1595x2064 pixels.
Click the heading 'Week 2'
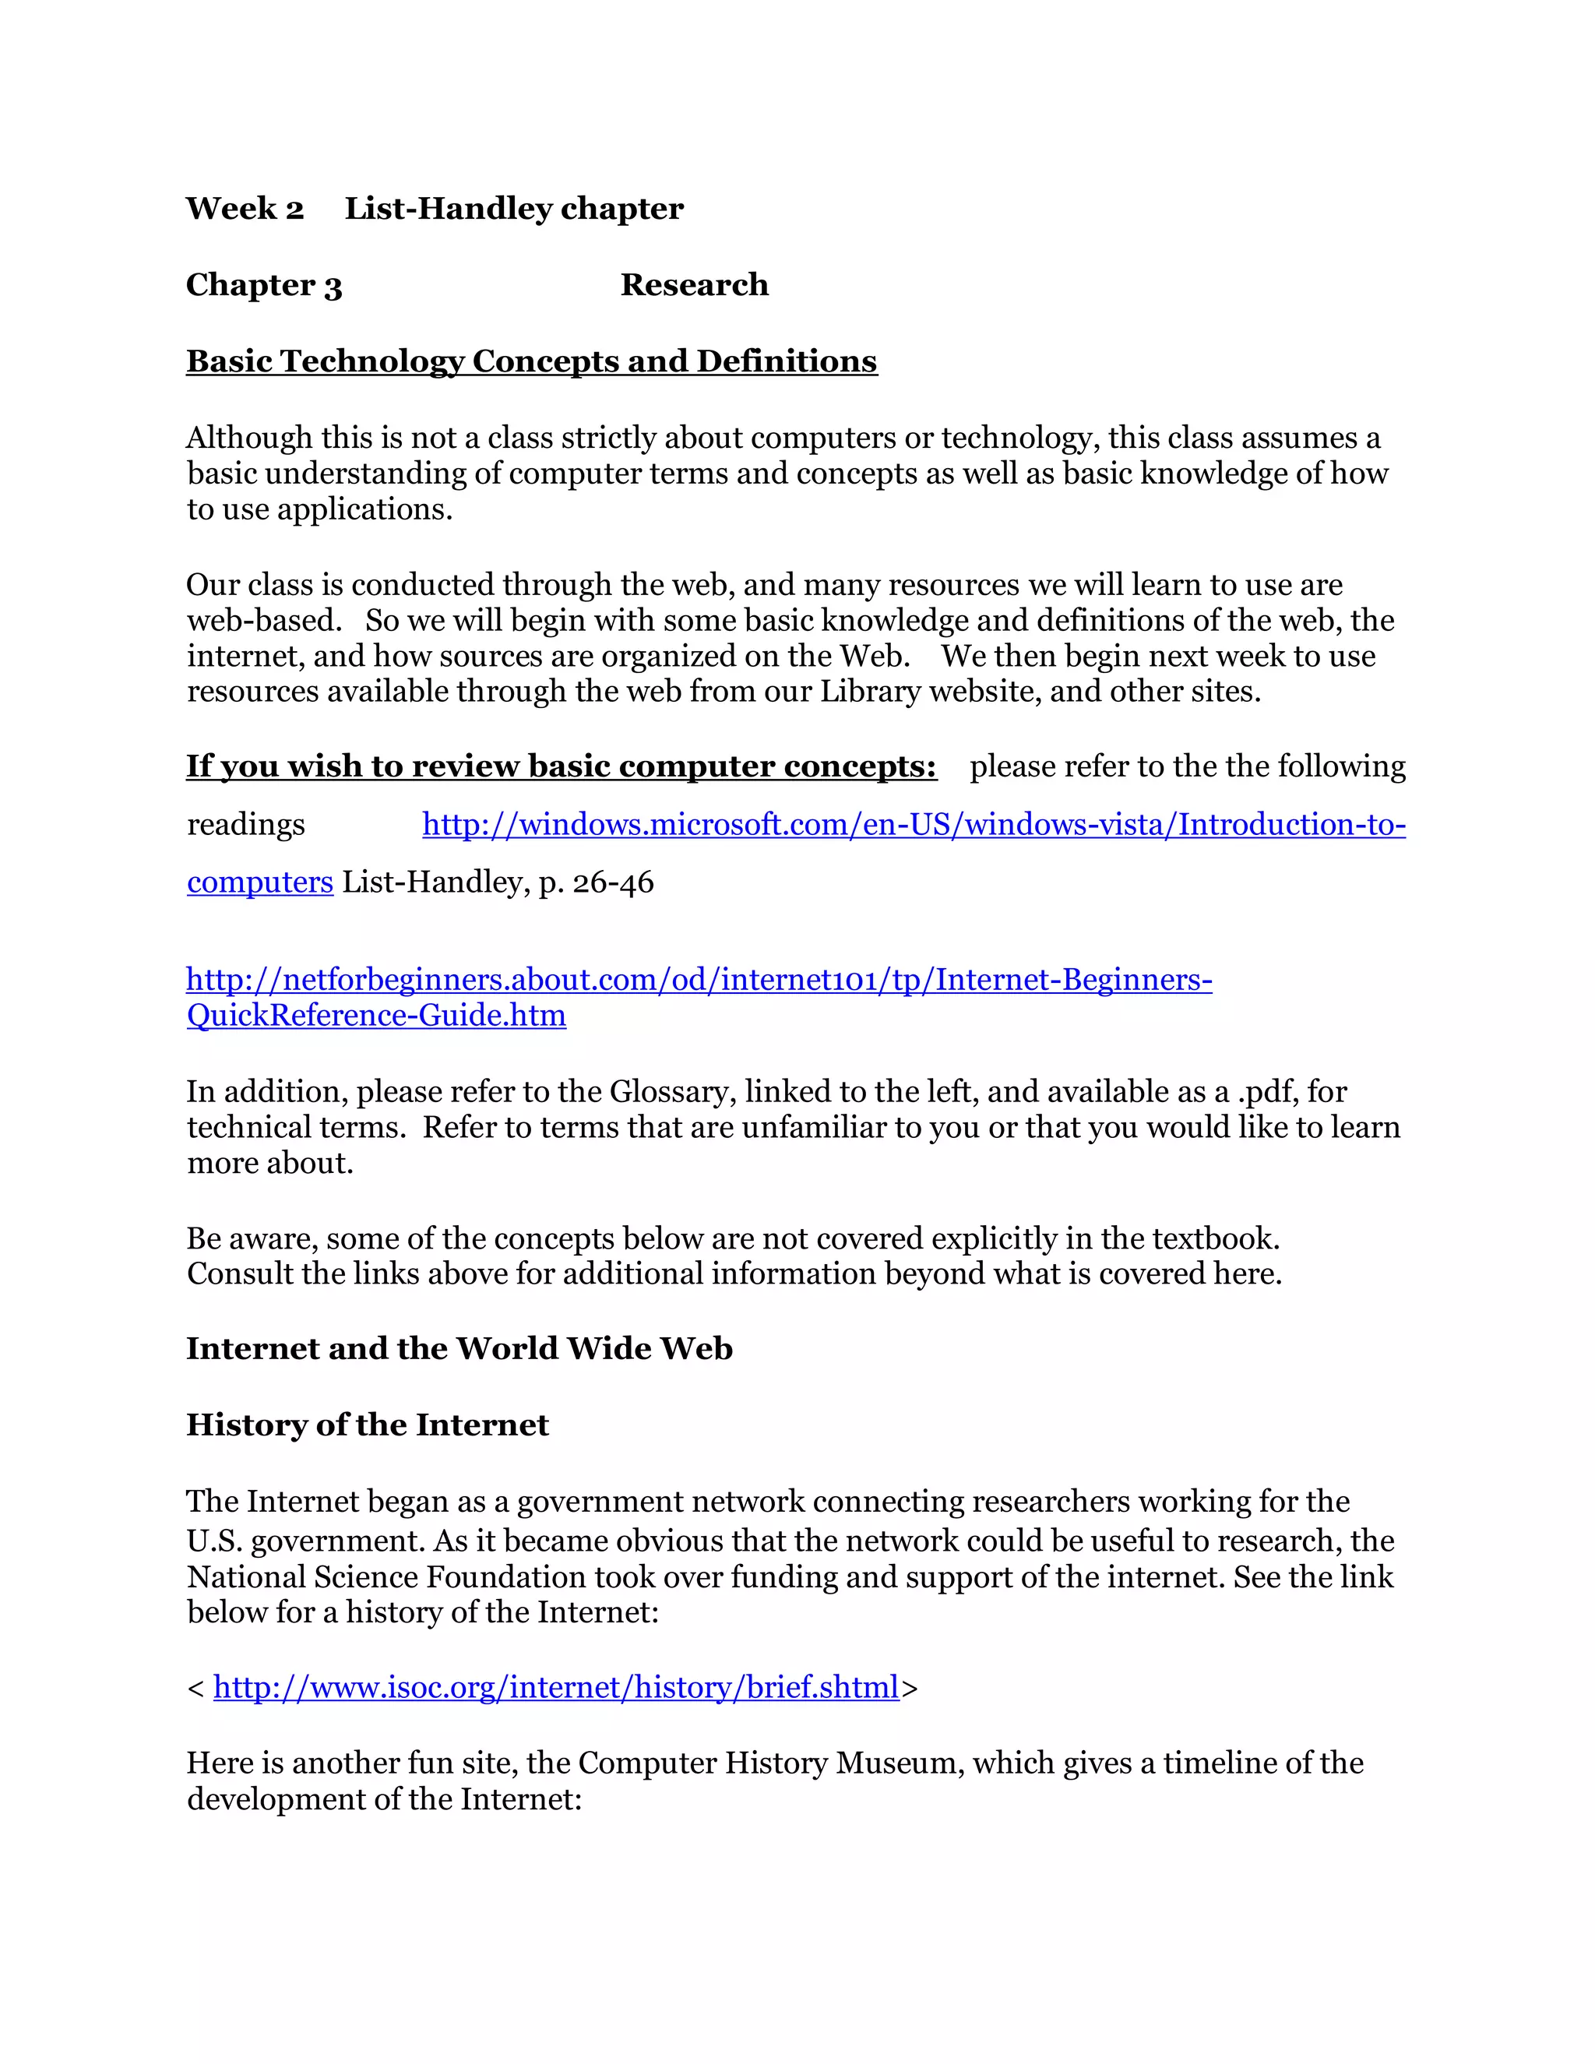click(x=245, y=208)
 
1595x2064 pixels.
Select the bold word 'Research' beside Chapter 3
click(x=694, y=284)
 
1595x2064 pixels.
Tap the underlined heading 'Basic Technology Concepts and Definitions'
click(x=531, y=361)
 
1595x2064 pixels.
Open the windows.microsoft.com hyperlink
click(x=913, y=824)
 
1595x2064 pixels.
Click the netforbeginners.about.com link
click(x=699, y=979)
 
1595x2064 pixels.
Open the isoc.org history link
click(x=555, y=1687)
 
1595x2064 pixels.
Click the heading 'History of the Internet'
click(x=367, y=1425)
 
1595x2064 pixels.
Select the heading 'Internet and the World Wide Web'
click(x=459, y=1347)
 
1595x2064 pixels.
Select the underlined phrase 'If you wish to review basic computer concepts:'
click(x=562, y=766)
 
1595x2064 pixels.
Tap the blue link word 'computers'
click(x=260, y=882)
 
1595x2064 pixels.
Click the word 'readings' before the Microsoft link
click(x=245, y=825)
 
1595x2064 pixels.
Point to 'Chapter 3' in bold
click(x=264, y=284)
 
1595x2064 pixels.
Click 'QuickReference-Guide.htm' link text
click(x=376, y=1015)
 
